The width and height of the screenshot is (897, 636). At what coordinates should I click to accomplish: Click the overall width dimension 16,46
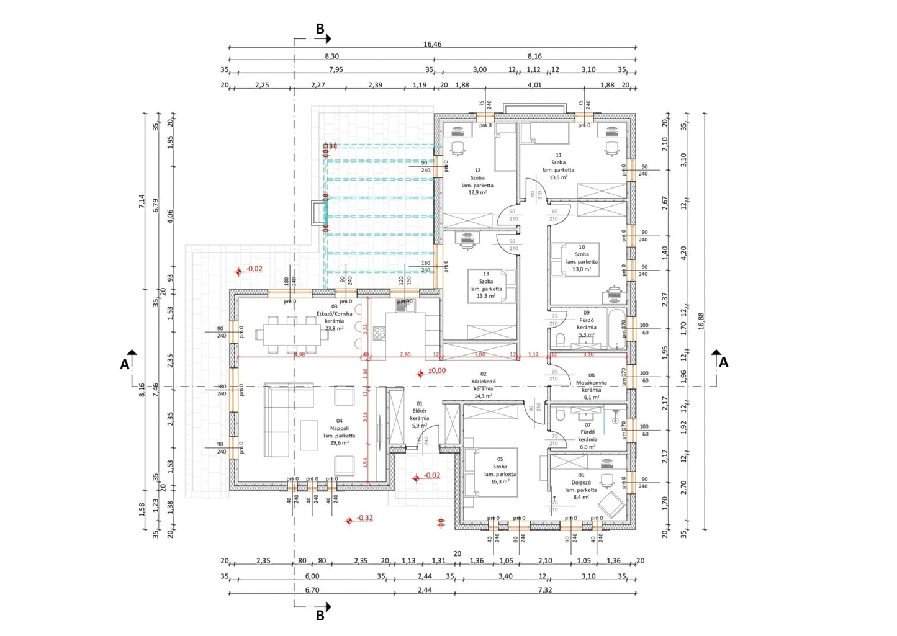pos(432,44)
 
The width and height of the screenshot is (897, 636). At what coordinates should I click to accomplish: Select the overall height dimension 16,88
pos(701,320)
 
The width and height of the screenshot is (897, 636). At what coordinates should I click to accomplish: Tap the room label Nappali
pos(339,428)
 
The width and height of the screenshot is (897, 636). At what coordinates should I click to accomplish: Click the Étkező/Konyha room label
pos(334,313)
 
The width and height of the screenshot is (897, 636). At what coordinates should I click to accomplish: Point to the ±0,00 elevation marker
pos(436,371)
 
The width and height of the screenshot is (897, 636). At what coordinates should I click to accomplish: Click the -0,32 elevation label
pos(364,518)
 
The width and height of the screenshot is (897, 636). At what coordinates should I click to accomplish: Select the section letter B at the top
pos(320,29)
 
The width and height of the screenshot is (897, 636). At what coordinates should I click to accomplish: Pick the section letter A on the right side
pos(723,362)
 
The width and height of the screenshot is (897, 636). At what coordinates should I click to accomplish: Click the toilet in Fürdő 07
pos(561,414)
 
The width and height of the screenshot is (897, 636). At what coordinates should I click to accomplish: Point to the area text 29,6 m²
pos(339,443)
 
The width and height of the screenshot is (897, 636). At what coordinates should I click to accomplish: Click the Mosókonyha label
pos(591,383)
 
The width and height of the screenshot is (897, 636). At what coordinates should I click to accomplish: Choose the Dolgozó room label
pos(581,482)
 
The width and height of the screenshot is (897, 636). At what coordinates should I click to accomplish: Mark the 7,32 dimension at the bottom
pos(544,590)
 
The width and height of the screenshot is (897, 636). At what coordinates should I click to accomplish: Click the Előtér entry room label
pos(419,411)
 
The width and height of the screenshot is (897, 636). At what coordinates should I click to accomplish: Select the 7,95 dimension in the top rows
pos(335,69)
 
